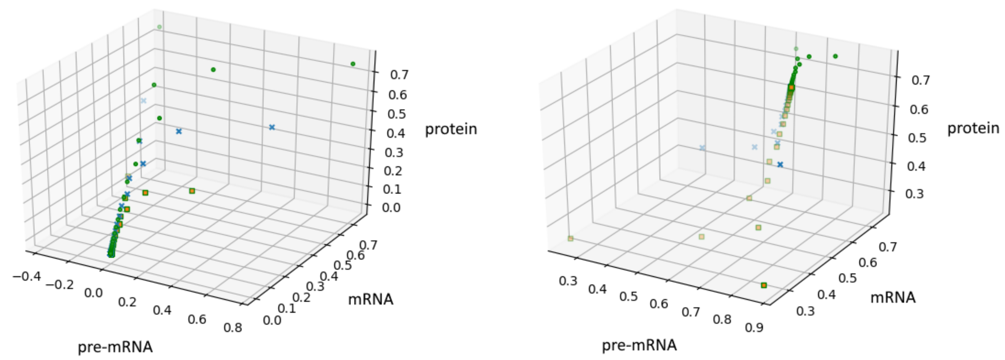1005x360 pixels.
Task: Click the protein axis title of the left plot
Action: click(x=451, y=129)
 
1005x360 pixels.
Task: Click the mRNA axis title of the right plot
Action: click(x=893, y=298)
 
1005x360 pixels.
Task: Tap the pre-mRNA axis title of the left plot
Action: click(x=115, y=347)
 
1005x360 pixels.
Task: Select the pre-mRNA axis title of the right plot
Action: click(x=639, y=345)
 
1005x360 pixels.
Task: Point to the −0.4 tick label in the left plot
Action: click(x=27, y=276)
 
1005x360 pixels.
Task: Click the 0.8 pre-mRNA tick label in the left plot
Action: click(x=233, y=328)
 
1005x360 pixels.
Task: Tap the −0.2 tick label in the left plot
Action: click(x=59, y=284)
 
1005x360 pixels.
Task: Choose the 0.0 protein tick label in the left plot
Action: click(x=391, y=207)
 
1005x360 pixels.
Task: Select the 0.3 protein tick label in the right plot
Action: click(x=915, y=194)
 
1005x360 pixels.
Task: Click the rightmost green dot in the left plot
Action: click(x=353, y=64)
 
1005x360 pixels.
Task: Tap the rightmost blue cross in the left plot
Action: click(x=272, y=127)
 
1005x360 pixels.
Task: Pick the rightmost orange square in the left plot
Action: click(x=192, y=191)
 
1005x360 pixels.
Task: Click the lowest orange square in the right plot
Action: click(x=764, y=285)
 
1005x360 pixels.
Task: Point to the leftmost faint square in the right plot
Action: click(x=570, y=238)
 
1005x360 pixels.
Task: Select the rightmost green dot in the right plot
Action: click(x=835, y=56)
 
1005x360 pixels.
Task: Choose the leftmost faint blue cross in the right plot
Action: click(x=702, y=148)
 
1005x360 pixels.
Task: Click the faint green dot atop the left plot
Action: click(x=159, y=27)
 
